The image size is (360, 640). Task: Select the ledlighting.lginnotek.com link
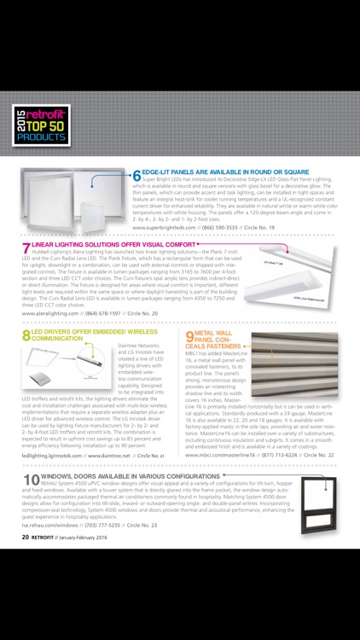(x=53, y=456)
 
